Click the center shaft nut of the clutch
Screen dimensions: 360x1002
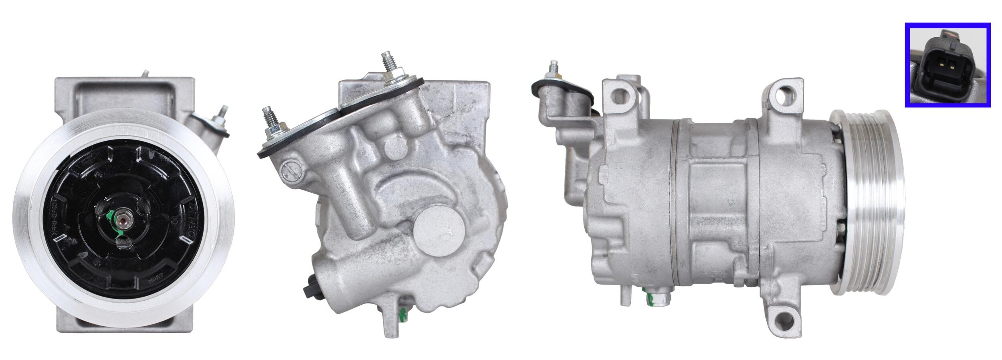pos(121,218)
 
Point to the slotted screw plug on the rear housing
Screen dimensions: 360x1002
pos(290,171)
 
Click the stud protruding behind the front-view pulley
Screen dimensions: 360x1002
pos(222,116)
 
